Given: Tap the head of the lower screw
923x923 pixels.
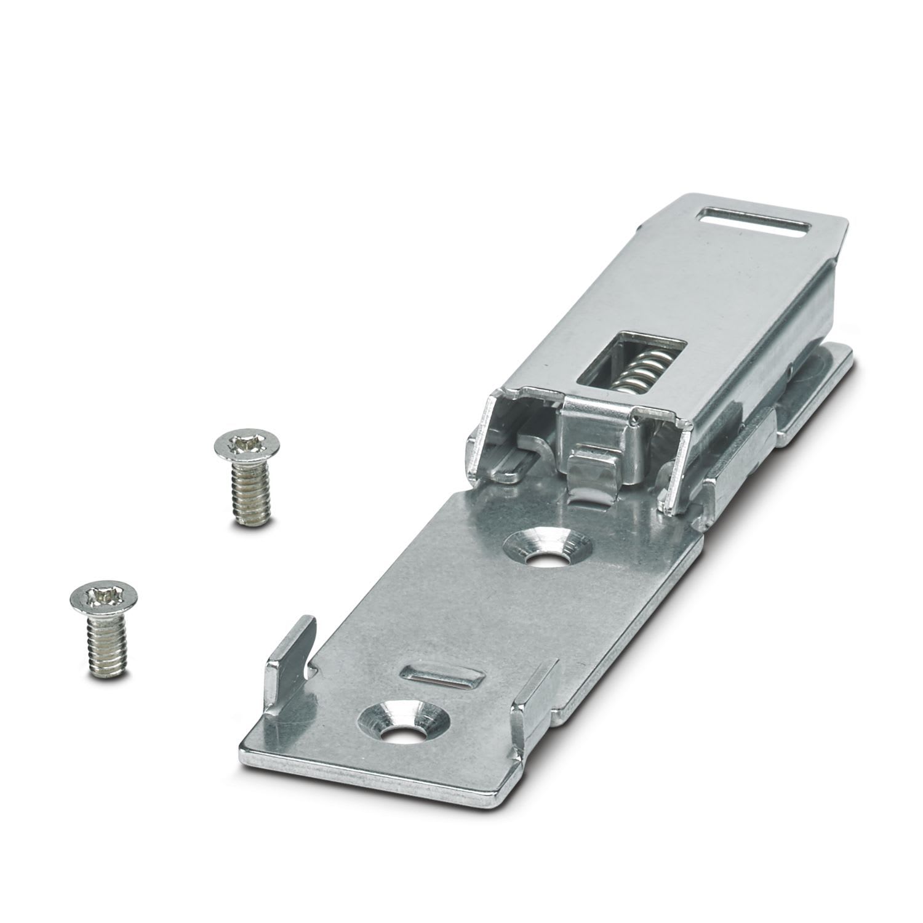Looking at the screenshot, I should click(x=102, y=596).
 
